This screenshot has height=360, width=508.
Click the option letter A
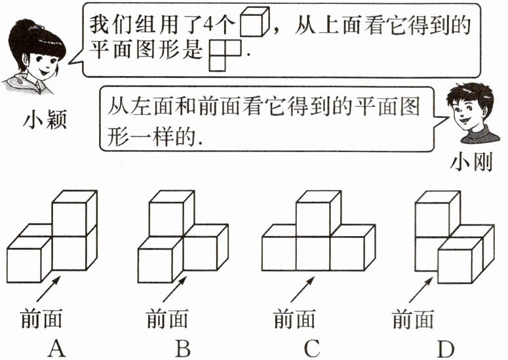point(56,348)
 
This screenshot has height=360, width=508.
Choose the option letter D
point(445,348)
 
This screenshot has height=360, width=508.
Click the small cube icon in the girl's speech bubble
point(255,24)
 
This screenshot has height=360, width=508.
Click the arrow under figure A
point(53,286)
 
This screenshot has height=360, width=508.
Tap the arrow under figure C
point(301,287)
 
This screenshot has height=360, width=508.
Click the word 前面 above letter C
point(294,319)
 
